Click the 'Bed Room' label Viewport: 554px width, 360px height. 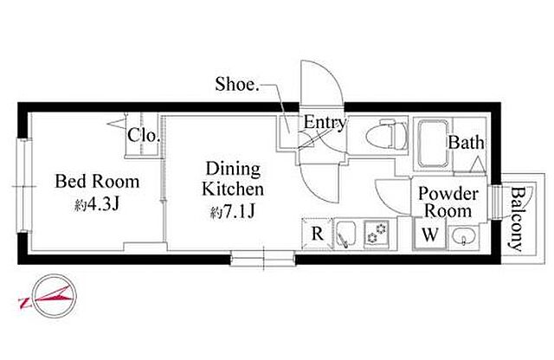point(97,182)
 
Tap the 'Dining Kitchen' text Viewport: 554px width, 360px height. point(233,179)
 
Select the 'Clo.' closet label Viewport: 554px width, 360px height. point(142,135)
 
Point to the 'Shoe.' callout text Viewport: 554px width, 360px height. point(237,84)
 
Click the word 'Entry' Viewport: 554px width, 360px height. point(325,123)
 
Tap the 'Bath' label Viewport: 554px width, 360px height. point(467,143)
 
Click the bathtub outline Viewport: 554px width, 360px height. point(433,145)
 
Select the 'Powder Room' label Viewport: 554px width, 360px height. point(448,202)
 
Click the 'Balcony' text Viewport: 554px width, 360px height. point(518,218)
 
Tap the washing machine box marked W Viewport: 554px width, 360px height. point(430,234)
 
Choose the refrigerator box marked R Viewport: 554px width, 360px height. point(318,234)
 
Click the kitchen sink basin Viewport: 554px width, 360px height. point(346,235)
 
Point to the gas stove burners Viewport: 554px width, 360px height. point(377,233)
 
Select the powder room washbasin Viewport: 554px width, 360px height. point(463,235)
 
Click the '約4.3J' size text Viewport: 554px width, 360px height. point(98,204)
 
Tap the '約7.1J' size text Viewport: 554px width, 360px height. point(233,212)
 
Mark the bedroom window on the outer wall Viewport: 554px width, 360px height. point(24,186)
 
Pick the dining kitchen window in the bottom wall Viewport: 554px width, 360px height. point(263,258)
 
